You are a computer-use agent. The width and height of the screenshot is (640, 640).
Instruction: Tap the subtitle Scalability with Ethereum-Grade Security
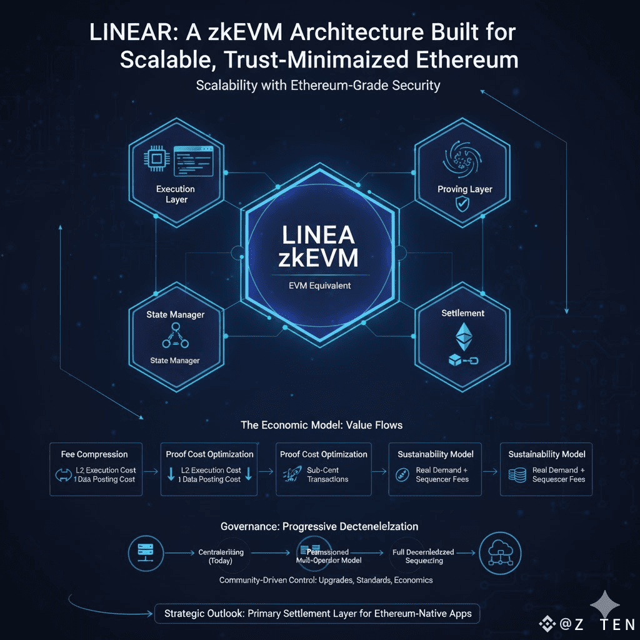click(318, 85)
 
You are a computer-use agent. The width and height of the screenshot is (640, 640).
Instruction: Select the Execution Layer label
click(176, 194)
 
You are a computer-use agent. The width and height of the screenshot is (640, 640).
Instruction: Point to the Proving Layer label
click(464, 189)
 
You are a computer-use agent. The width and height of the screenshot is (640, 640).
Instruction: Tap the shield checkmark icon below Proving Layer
click(462, 204)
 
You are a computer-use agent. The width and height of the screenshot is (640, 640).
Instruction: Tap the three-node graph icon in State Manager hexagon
click(175, 337)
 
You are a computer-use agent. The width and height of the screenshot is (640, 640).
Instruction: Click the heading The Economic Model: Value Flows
click(321, 425)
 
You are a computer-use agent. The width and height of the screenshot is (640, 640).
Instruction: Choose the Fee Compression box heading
click(94, 454)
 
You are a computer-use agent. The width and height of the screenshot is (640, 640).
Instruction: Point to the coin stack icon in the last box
click(516, 474)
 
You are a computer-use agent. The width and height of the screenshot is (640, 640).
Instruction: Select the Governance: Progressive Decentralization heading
click(319, 526)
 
